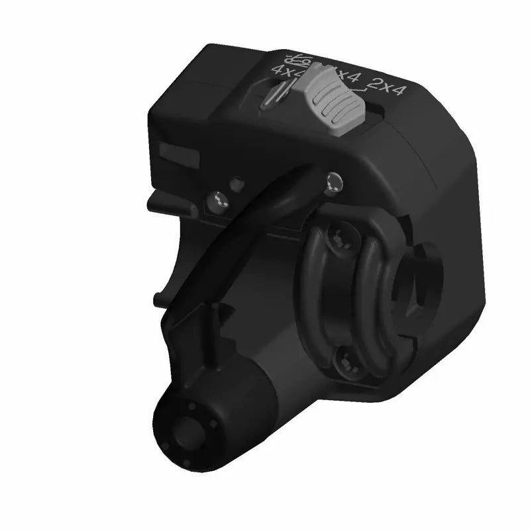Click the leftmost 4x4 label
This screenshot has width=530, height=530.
click(286, 71)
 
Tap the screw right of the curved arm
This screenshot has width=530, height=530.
click(334, 181)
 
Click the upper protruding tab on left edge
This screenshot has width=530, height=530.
click(169, 199)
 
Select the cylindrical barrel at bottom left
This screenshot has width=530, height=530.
click(219, 411)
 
